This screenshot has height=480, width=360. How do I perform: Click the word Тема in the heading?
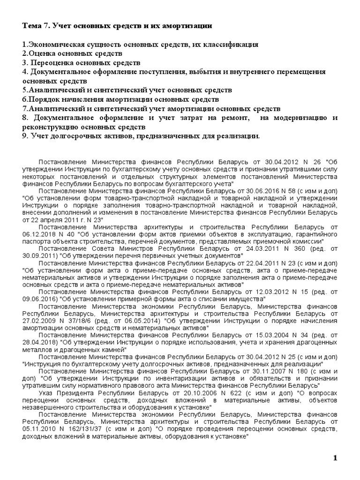tap(32, 26)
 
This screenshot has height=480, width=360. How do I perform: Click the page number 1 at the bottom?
tap(335, 458)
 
